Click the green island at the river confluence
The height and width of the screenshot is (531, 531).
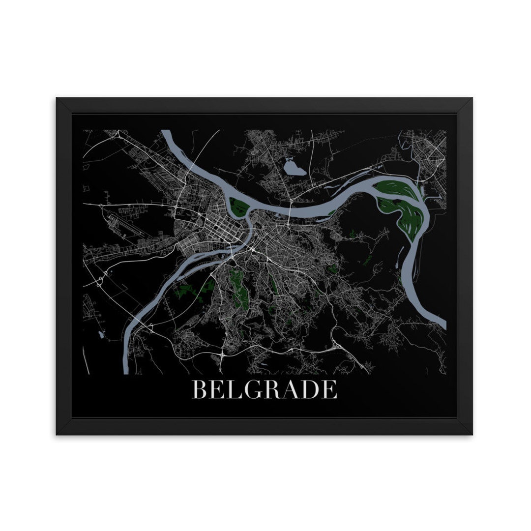point(239,206)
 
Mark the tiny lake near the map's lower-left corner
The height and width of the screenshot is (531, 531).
point(101,335)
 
